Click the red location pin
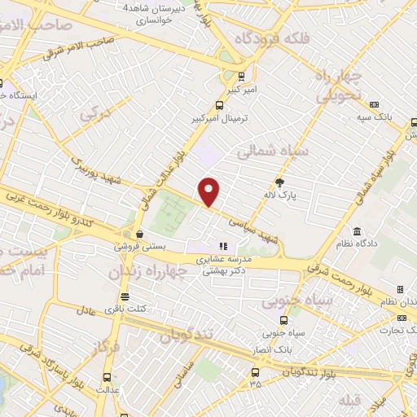pos(210,191)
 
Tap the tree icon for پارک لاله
pos(281,182)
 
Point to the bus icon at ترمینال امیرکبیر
pos(218,105)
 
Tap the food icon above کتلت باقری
pos(124,296)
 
